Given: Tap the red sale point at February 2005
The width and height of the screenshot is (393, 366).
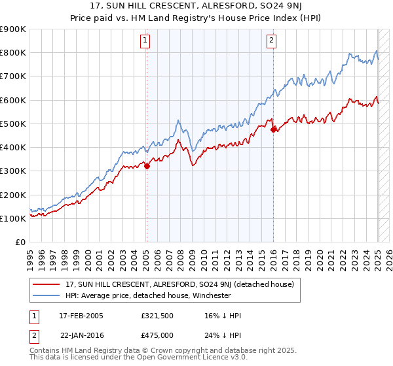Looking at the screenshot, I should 147,166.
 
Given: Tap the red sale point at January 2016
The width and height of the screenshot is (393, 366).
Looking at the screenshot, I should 273,129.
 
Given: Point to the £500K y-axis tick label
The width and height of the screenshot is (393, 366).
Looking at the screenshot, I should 13,124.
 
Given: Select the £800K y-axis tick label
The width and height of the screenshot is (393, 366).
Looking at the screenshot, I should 13,53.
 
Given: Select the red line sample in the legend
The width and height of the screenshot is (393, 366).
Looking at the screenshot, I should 47,284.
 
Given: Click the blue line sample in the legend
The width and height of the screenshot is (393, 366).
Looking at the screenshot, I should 47,295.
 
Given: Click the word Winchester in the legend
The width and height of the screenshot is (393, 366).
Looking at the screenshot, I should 210,295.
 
